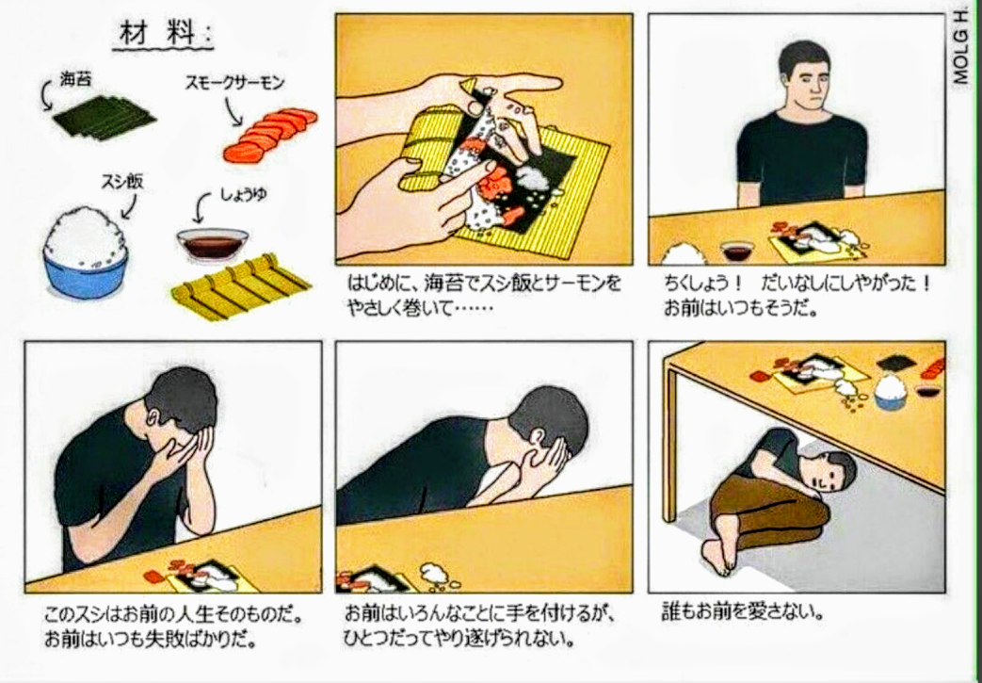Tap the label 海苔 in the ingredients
(75, 79)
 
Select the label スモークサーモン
(234, 83)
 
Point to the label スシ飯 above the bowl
(122, 182)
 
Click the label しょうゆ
(244, 195)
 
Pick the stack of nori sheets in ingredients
(105, 117)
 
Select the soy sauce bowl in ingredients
(212, 245)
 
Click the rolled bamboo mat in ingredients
(241, 286)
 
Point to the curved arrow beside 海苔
(46, 96)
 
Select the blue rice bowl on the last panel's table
(890, 392)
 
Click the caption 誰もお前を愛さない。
(742, 611)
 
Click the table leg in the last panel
(670, 444)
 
